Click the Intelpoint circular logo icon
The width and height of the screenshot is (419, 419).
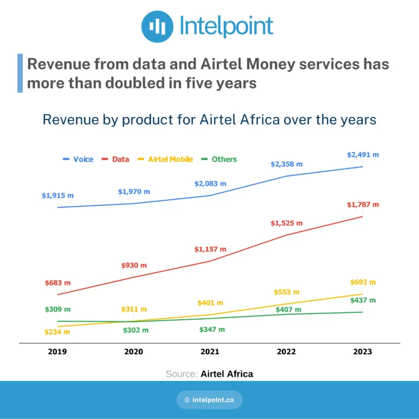click(x=157, y=26)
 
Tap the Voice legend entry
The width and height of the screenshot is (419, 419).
click(x=78, y=159)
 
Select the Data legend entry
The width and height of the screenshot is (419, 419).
click(x=116, y=159)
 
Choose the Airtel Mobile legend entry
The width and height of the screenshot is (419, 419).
click(x=165, y=159)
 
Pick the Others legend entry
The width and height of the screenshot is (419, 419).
click(x=219, y=159)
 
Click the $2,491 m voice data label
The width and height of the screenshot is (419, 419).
click(x=363, y=155)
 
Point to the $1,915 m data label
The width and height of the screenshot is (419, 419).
click(x=58, y=196)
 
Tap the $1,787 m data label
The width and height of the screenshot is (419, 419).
click(x=363, y=205)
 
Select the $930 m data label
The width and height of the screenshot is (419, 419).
click(x=134, y=265)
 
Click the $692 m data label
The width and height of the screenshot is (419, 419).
click(x=363, y=282)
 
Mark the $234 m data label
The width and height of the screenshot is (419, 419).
click(x=57, y=332)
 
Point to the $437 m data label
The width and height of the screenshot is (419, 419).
click(x=363, y=301)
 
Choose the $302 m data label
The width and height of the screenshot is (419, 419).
click(x=136, y=330)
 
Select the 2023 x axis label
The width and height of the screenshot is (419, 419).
click(x=363, y=351)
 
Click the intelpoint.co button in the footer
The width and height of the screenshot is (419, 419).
click(x=209, y=400)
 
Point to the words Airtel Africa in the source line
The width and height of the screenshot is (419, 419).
click(x=227, y=374)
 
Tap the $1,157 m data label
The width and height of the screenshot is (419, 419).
click(x=210, y=249)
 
